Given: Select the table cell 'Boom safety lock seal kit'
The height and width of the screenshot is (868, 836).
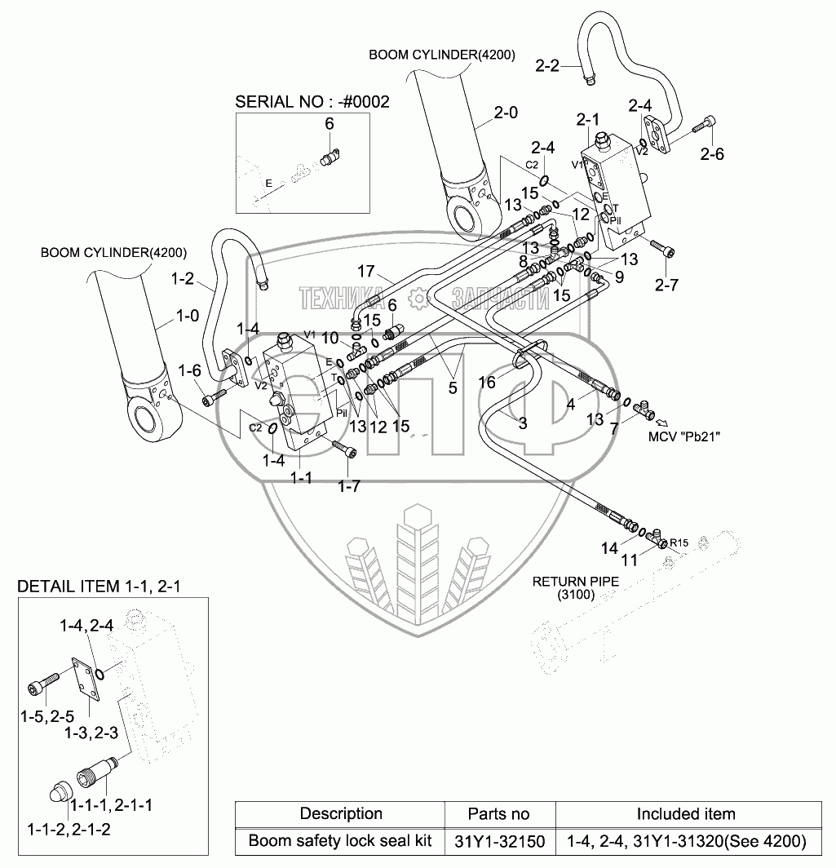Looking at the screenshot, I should (x=340, y=840).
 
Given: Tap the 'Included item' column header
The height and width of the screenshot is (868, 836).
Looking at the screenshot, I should (x=686, y=813).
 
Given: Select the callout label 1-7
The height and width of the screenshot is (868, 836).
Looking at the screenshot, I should (x=349, y=485).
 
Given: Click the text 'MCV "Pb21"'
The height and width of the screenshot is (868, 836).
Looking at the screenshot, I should (x=684, y=436).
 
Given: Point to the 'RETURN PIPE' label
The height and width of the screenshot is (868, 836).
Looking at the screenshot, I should (x=575, y=582).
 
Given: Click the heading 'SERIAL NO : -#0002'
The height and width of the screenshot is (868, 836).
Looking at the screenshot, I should (x=312, y=102).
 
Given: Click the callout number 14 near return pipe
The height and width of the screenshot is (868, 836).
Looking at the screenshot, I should (x=609, y=549).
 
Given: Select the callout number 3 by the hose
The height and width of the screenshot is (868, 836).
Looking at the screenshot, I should (x=523, y=422).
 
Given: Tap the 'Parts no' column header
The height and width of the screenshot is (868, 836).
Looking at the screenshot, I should (x=499, y=813).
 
